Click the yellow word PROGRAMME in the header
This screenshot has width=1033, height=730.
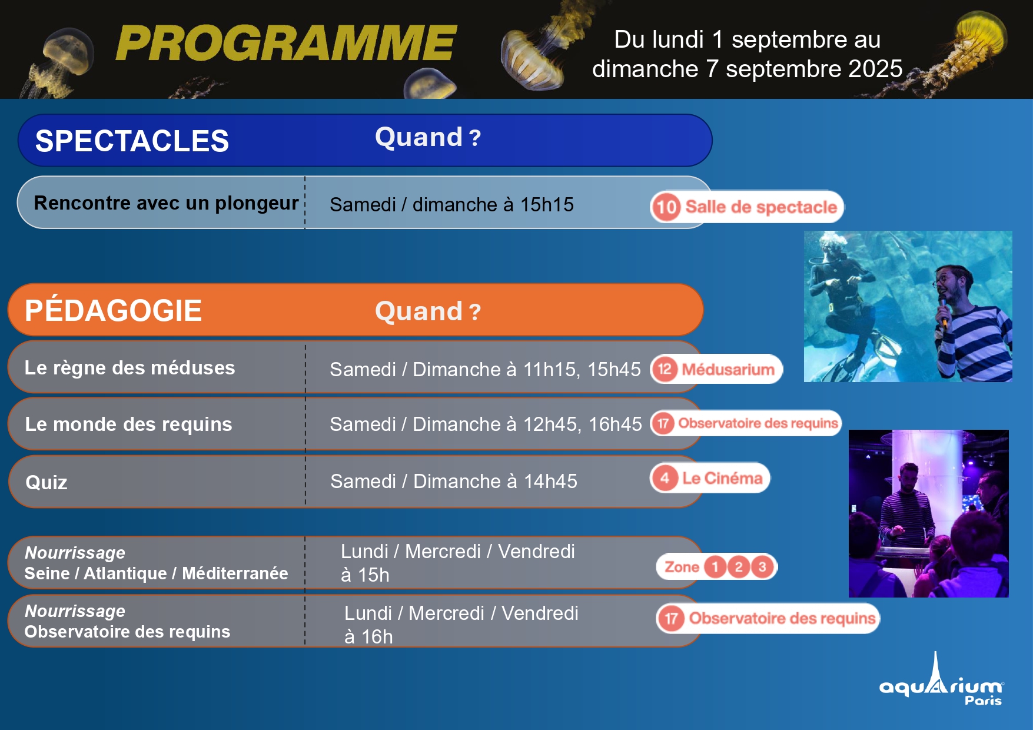pyautogui.click(x=286, y=43)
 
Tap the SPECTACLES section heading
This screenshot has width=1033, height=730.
pyautogui.click(x=132, y=141)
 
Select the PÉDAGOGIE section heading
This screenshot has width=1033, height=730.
pyautogui.click(x=113, y=310)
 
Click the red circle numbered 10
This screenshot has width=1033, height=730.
pyautogui.click(x=666, y=207)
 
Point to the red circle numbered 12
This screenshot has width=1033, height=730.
pyautogui.click(x=665, y=369)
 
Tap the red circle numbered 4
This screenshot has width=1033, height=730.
pyautogui.click(x=665, y=477)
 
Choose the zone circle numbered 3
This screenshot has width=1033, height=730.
pyautogui.click(x=762, y=567)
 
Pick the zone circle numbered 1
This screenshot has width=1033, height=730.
pyautogui.click(x=715, y=567)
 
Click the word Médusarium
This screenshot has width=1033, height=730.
pyautogui.click(x=728, y=370)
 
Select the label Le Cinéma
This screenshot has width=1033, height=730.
pyautogui.click(x=722, y=478)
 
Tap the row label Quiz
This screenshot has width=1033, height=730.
pyautogui.click(x=46, y=483)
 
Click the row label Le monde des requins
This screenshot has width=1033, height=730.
pyautogui.click(x=128, y=424)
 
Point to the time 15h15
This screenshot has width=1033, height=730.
pyautogui.click(x=547, y=204)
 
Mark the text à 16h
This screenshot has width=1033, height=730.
pyautogui.click(x=368, y=636)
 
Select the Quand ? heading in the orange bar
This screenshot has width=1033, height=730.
pyautogui.click(x=428, y=311)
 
